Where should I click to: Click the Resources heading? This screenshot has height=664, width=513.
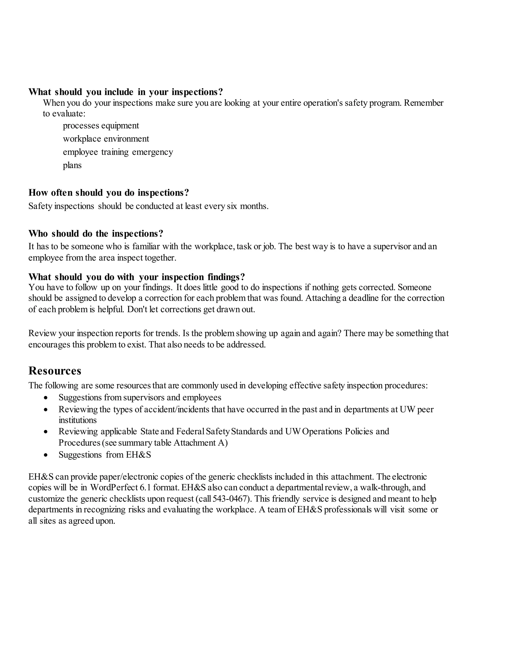tap(55, 371)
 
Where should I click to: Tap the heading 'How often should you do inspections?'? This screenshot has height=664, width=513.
tap(108, 193)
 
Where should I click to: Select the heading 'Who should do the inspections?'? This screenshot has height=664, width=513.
tap(96, 234)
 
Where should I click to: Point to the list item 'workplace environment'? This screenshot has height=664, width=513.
tap(106, 139)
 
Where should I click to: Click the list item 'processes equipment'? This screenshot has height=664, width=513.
tap(101, 126)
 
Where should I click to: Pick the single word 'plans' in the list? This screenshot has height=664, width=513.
tap(72, 165)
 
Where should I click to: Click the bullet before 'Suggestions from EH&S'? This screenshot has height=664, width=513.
tap(46, 455)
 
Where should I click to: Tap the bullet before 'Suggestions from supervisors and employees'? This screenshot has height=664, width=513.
tap(46, 398)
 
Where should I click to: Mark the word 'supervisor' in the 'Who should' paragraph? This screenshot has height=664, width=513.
tap(392, 246)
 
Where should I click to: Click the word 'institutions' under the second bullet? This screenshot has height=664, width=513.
tap(77, 420)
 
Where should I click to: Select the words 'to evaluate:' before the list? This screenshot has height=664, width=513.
tap(64, 114)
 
